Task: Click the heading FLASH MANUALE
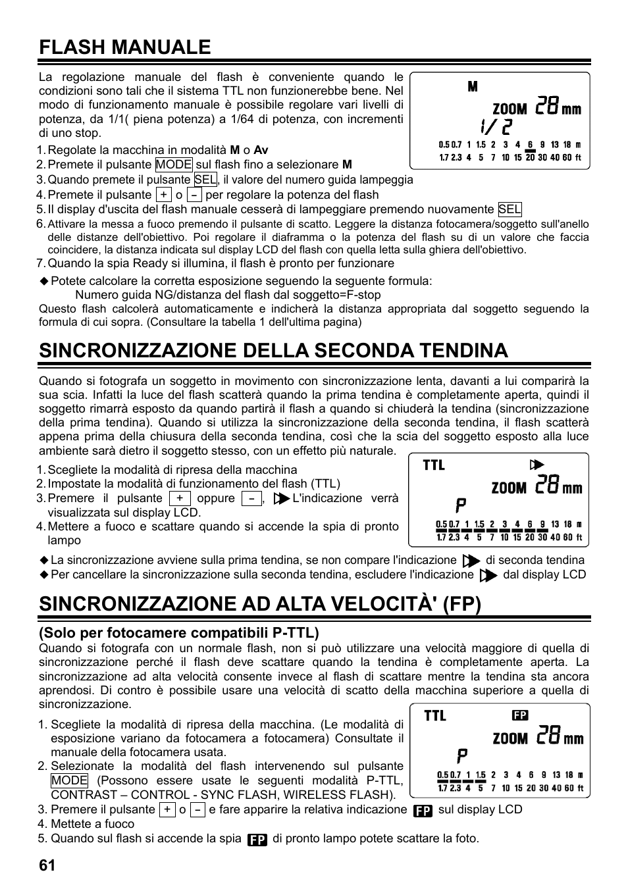[x=125, y=47]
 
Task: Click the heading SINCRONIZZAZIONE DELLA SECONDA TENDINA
[x=273, y=350]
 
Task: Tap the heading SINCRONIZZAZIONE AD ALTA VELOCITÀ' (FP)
[x=260, y=604]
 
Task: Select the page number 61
[x=47, y=866]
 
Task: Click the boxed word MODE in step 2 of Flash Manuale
[x=174, y=165]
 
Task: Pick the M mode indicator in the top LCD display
[x=473, y=87]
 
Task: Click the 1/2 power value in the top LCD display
[x=494, y=126]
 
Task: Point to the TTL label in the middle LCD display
[x=434, y=465]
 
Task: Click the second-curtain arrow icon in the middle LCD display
[x=536, y=465]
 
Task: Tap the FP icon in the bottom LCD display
[x=520, y=715]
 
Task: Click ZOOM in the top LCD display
[x=510, y=109]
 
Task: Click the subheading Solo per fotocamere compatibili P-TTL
[x=178, y=633]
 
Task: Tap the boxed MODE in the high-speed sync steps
[x=69, y=780]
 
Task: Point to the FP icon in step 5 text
[x=257, y=840]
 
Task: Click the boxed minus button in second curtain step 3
[x=251, y=499]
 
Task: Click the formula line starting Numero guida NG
[x=228, y=295]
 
